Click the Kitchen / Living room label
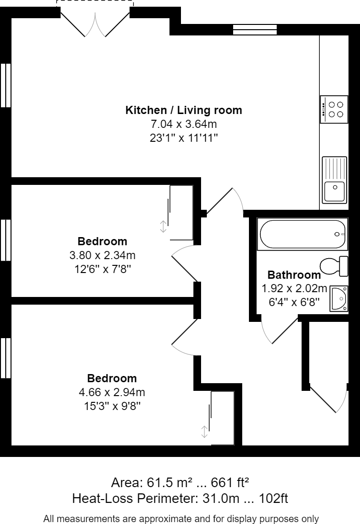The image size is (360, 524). (x=184, y=110)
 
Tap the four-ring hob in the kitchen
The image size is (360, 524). (x=334, y=109)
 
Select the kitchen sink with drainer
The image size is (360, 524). (x=334, y=180)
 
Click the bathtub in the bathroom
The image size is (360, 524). (x=302, y=234)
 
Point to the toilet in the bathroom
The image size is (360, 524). (x=334, y=266)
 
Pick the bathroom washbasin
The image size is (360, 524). (x=338, y=299)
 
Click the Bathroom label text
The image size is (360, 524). (x=294, y=275)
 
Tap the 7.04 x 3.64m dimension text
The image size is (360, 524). (x=184, y=124)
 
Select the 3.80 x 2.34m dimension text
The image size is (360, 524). (x=102, y=255)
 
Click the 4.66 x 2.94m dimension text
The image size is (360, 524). (x=112, y=392)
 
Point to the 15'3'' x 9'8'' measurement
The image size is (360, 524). (x=112, y=406)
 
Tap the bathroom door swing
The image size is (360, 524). (x=279, y=330)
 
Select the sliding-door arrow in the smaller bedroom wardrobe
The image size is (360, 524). (x=163, y=227)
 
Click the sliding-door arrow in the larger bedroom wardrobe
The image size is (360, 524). (x=204, y=432)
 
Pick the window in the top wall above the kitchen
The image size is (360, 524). (x=255, y=30)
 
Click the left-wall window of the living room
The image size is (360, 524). (x=6, y=85)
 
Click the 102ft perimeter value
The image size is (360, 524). (x=273, y=499)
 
